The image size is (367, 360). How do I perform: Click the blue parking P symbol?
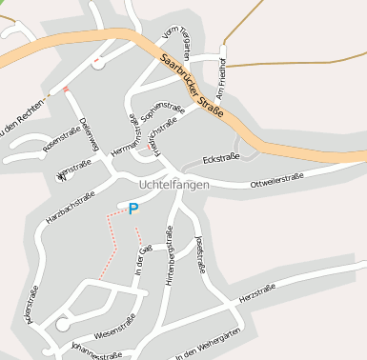(133, 209)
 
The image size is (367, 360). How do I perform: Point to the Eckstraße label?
(222, 158)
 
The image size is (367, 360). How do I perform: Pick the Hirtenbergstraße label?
(169, 257)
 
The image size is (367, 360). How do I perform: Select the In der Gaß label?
(142, 263)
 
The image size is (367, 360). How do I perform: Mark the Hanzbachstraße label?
(71, 207)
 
